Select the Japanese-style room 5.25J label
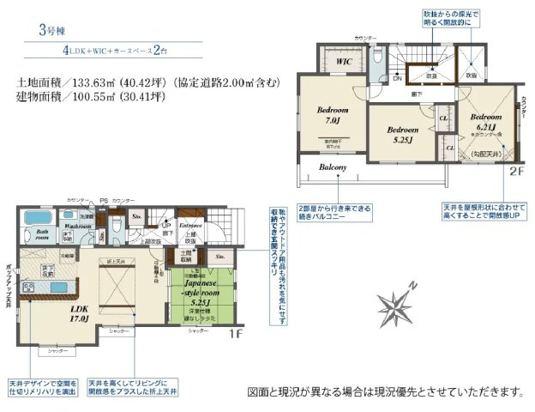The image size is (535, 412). [201, 289]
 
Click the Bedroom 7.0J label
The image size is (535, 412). [331, 115]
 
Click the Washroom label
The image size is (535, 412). [76, 226]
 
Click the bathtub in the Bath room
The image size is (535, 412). [37, 216]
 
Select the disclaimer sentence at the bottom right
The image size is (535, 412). [384, 391]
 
